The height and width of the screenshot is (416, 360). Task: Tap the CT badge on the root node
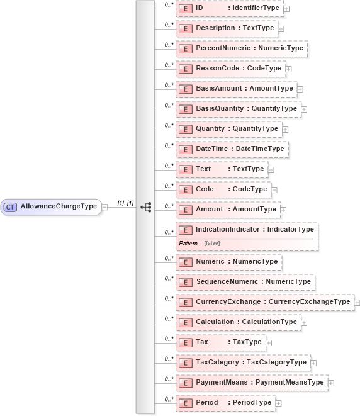[x=11, y=206]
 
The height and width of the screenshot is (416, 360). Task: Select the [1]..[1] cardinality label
[x=125, y=203]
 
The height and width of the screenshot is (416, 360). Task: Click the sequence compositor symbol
[x=146, y=206]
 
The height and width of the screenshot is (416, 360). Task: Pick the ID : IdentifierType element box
[x=229, y=9]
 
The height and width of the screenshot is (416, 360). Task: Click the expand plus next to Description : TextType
[x=281, y=29]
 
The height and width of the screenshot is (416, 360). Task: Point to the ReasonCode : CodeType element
[x=230, y=69]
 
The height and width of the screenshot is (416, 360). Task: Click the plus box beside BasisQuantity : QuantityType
[x=304, y=110]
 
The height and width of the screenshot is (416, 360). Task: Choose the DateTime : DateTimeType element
[x=232, y=149]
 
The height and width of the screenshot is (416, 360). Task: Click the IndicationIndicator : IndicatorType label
[x=254, y=230]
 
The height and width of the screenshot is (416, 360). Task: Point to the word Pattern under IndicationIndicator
[x=188, y=243]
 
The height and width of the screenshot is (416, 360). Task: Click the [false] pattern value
[x=211, y=243]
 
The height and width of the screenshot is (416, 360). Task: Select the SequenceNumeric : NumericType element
[x=245, y=281]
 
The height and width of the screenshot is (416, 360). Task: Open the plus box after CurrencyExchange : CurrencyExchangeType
[x=357, y=303]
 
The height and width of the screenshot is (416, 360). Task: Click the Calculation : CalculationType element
[x=239, y=322]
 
